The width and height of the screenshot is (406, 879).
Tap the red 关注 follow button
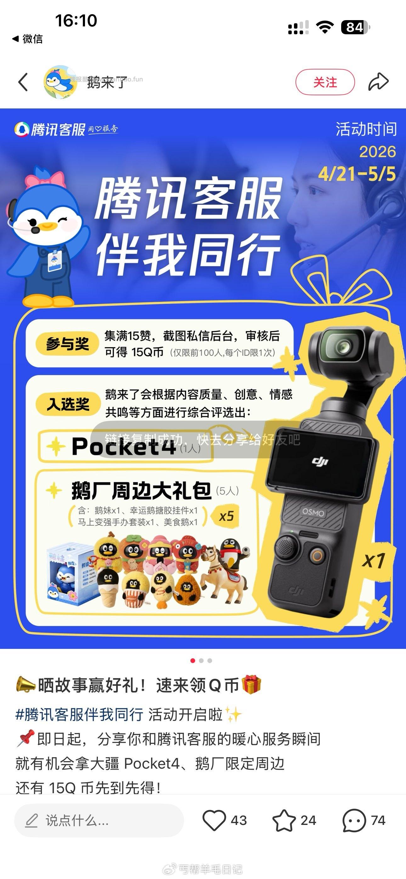pos(325,82)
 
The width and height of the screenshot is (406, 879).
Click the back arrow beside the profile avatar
pos(23,82)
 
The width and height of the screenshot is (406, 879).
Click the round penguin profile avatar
pos(60,82)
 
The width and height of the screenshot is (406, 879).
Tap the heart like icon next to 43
pos(214,820)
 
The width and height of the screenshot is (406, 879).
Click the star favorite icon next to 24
pos(284,820)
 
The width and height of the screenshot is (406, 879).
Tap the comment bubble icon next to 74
pos(354,820)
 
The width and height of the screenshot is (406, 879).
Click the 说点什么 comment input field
pos(99,820)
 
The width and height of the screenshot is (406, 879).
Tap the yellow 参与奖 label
pos(67,344)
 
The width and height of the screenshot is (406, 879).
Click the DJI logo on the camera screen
pos(320,461)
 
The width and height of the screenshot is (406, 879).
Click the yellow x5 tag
pos(226,516)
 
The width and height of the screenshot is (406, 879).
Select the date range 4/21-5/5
pos(357,174)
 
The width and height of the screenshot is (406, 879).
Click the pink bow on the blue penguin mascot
pos(45,179)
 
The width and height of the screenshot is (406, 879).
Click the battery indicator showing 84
pos(355,27)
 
